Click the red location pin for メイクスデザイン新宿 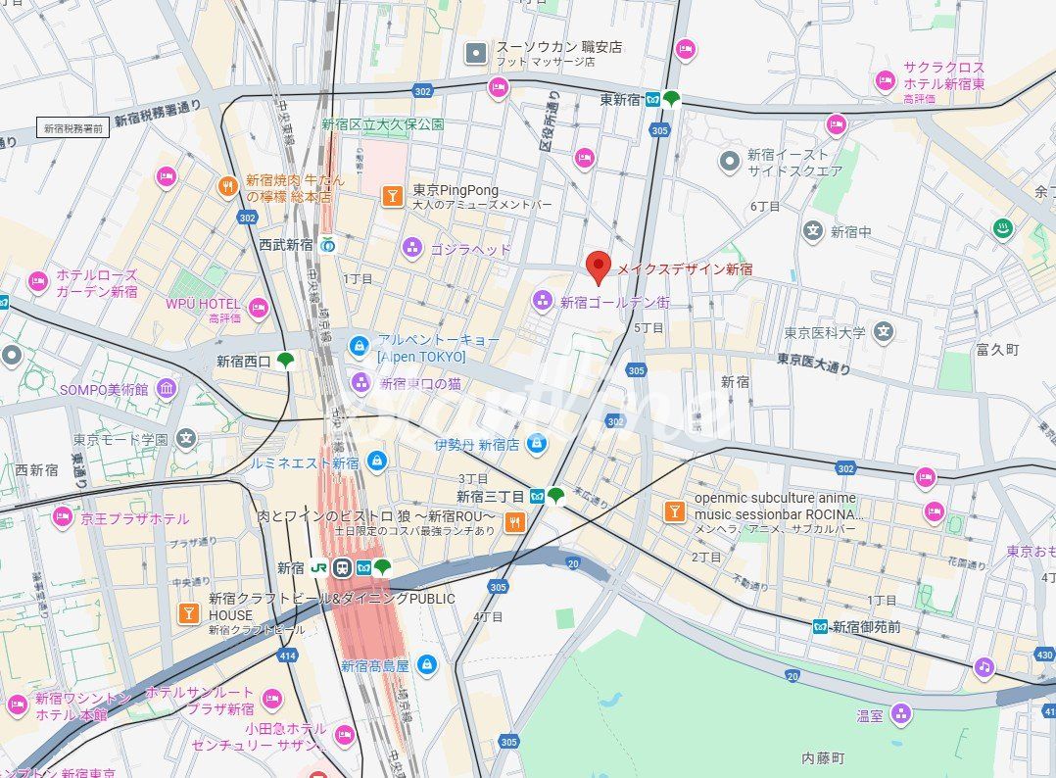[598, 266]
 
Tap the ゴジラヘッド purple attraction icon [411, 249]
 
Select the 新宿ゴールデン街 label [614, 303]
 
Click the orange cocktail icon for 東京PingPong [392, 197]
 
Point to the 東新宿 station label [619, 99]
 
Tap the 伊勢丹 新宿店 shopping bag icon [535, 445]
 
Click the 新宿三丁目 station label [491, 496]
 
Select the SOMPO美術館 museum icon [167, 389]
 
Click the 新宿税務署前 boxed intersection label [72, 128]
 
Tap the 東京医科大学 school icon [884, 332]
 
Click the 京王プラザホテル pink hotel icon [63, 516]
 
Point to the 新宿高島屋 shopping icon [426, 665]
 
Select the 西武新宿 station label [286, 244]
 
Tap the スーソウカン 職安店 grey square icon [476, 53]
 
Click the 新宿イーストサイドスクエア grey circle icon [729, 161]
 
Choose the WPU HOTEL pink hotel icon [258, 309]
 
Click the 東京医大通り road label [813, 364]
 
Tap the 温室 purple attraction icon [900, 714]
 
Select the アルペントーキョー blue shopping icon [360, 346]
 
